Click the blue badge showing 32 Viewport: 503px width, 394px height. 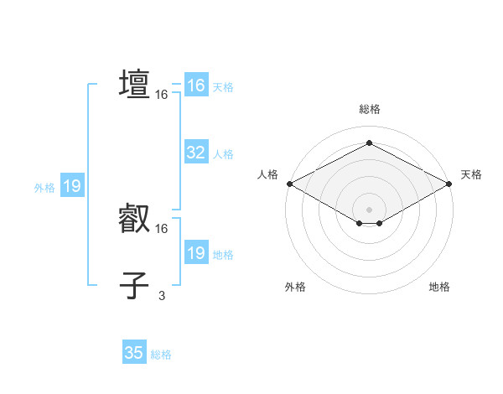(195, 153)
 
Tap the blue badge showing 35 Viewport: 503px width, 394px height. (134, 353)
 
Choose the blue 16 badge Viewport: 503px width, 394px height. (195, 86)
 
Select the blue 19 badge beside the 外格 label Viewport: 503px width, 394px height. (72, 186)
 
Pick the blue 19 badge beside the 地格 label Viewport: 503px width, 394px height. (195, 253)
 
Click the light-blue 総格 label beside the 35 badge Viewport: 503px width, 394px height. (161, 355)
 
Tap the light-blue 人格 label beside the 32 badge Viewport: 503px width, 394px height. (223, 154)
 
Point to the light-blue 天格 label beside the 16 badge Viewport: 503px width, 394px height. (223, 87)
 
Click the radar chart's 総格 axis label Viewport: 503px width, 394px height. (369, 109)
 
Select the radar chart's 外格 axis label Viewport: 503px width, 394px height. (295, 287)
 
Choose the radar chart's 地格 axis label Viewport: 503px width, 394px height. (439, 287)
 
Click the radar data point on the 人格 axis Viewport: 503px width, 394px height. (288, 183)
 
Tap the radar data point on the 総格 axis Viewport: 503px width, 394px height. (369, 143)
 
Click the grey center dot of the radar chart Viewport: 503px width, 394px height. (369, 209)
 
